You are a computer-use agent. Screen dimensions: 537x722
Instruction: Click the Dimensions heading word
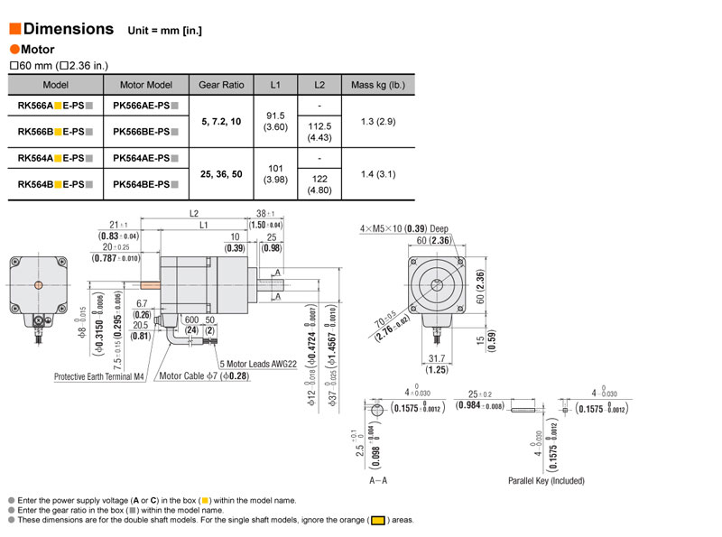point(68,29)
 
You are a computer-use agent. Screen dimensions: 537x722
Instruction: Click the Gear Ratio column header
point(221,85)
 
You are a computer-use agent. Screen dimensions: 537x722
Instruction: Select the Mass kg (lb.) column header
point(378,85)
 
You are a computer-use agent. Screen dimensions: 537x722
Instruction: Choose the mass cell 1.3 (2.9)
point(378,120)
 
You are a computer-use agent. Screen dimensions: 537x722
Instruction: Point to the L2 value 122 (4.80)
point(319,185)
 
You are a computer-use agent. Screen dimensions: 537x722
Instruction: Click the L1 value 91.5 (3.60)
point(275,120)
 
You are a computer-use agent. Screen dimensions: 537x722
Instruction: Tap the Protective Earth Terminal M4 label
point(99,376)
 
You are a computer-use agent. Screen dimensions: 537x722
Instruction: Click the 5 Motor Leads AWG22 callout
point(257,364)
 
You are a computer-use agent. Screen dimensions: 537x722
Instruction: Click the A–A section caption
point(380,481)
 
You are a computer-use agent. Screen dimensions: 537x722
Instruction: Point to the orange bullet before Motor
point(14,50)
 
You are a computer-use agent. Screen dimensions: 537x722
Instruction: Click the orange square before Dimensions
point(14,29)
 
